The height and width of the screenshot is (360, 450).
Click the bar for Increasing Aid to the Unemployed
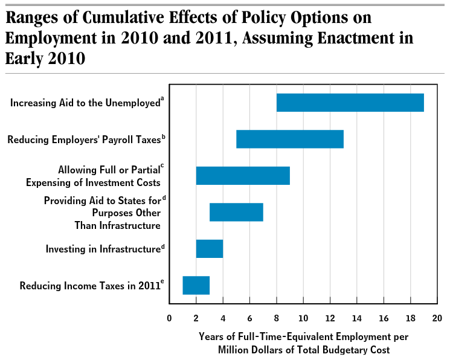[x=350, y=103]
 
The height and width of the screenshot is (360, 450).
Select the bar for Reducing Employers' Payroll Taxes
[x=289, y=139]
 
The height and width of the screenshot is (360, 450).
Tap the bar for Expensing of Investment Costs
[x=243, y=175]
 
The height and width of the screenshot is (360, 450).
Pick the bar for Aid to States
[x=236, y=212]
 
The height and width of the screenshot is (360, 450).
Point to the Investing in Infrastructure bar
[x=209, y=249]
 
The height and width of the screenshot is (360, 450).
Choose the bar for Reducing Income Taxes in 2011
[x=196, y=285]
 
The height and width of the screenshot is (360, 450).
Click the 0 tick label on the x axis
[x=169, y=318]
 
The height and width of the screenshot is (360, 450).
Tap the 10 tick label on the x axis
[x=303, y=318]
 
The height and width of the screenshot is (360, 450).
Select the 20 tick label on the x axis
[x=437, y=318]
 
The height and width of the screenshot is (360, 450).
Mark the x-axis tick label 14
[x=357, y=318]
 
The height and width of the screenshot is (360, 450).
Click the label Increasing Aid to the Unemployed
[x=85, y=103]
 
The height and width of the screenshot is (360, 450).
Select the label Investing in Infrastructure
[x=103, y=249]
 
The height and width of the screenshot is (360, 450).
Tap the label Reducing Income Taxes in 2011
[x=89, y=286]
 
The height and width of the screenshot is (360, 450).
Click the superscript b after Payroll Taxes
[x=164, y=137]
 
